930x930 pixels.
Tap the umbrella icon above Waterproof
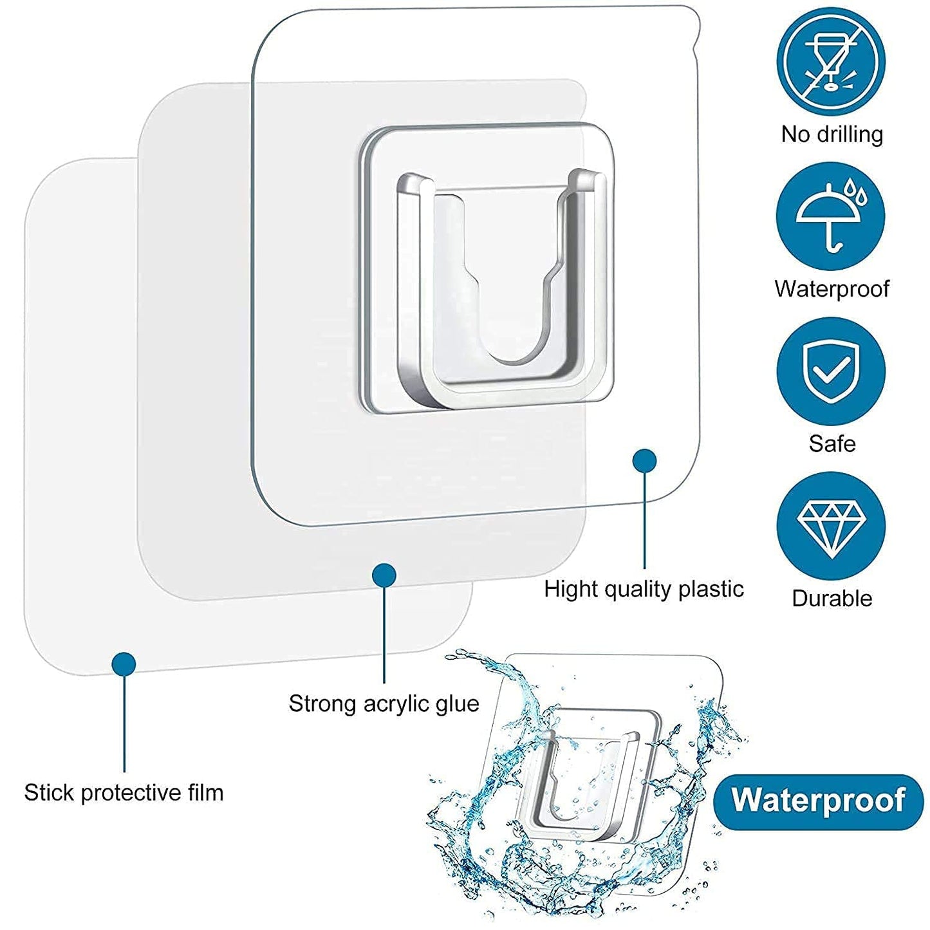tap(831, 217)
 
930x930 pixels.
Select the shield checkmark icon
tap(831, 371)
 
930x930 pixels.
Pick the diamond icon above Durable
tap(831, 526)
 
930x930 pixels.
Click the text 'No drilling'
tap(832, 134)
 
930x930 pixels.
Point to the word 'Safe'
tap(832, 443)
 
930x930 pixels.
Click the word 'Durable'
tap(832, 598)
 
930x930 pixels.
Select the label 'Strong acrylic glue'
tap(384, 703)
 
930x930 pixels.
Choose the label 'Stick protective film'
tap(124, 792)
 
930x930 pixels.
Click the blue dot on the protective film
tap(124, 664)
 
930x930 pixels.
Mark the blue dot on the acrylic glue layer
tap(384, 575)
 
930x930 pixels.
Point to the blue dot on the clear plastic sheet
tap(644, 461)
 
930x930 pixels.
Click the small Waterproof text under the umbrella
tap(832, 289)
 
